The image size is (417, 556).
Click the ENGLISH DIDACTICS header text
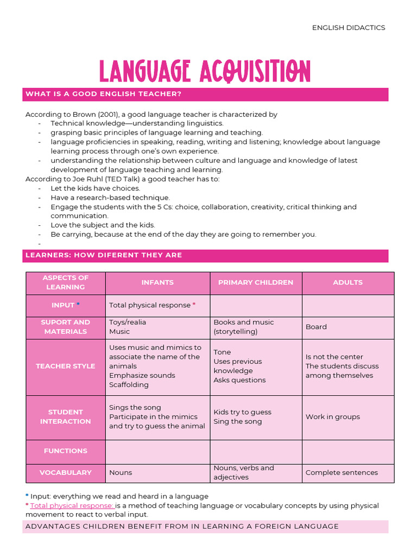coord(348,28)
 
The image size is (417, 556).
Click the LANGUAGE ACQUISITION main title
coord(205,72)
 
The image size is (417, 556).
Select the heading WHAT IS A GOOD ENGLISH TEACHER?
coord(103,94)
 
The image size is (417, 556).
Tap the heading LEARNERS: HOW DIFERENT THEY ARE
coord(104,255)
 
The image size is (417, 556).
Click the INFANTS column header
coord(157,282)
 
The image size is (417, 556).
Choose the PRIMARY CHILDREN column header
coord(256,282)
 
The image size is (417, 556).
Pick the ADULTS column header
coord(347,282)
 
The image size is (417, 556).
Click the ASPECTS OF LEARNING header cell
coord(66,282)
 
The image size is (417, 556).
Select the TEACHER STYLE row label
coord(66,366)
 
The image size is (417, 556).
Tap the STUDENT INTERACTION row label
coord(66,416)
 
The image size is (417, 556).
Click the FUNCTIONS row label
coord(66,451)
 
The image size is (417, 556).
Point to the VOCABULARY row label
coord(66,472)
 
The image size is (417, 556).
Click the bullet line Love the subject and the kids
coord(103,225)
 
